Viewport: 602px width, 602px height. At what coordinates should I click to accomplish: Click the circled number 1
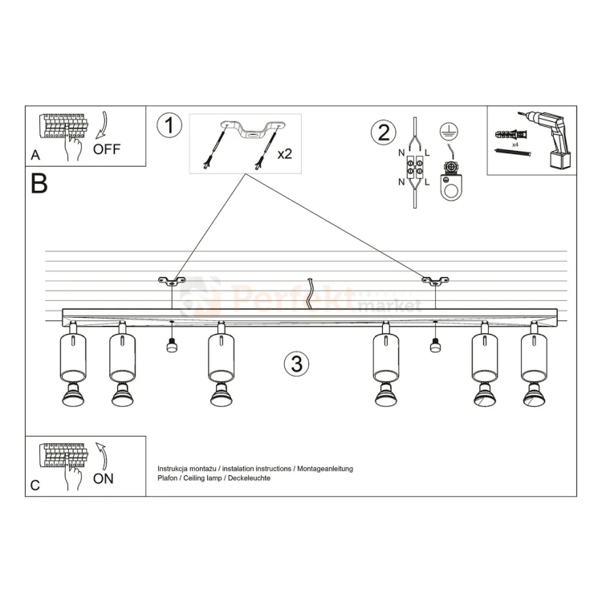point(170,126)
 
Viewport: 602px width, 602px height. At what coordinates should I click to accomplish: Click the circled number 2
point(383,132)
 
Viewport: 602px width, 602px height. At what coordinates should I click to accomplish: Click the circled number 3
point(296,364)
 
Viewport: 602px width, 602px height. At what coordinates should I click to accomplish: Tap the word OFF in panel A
point(108,149)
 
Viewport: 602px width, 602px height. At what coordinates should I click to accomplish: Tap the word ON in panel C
point(103,479)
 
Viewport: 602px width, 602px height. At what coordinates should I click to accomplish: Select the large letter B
point(39,183)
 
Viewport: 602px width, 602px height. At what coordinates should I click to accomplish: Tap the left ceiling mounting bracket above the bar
point(171,280)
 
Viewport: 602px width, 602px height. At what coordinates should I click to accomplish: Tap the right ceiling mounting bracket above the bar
point(435,280)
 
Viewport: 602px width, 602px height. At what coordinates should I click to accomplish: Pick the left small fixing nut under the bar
point(171,345)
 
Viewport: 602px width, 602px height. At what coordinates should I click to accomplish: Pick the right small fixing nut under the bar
point(435,345)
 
